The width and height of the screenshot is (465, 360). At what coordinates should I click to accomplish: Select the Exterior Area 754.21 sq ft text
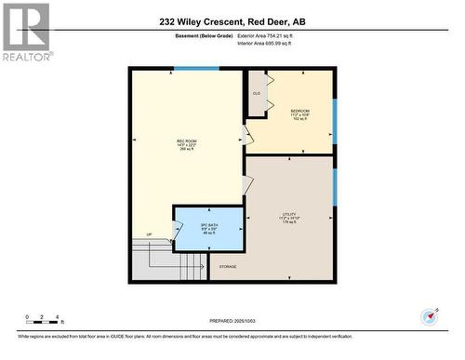(x=272, y=35)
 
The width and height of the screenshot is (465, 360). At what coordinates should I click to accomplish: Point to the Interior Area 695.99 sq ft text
(x=271, y=42)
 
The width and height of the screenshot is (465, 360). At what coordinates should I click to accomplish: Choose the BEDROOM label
(x=299, y=113)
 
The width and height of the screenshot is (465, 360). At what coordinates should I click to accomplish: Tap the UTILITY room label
(x=289, y=219)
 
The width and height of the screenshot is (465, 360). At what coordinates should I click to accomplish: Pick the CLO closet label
(x=257, y=93)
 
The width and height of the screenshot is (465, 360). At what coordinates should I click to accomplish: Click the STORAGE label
(x=228, y=267)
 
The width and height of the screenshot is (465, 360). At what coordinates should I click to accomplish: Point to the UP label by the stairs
(x=148, y=234)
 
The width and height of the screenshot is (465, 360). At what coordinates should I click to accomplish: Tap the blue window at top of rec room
(x=196, y=68)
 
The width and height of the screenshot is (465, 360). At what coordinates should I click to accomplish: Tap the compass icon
(x=429, y=315)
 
